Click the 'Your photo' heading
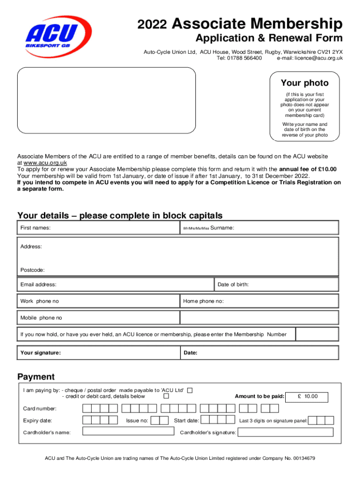pos(304,83)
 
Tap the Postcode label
pos(33,270)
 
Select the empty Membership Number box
pos(317,334)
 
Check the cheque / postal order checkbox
pos(189,390)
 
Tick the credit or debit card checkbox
pos(166,396)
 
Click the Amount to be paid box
pos(307,397)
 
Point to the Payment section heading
pos(36,377)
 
